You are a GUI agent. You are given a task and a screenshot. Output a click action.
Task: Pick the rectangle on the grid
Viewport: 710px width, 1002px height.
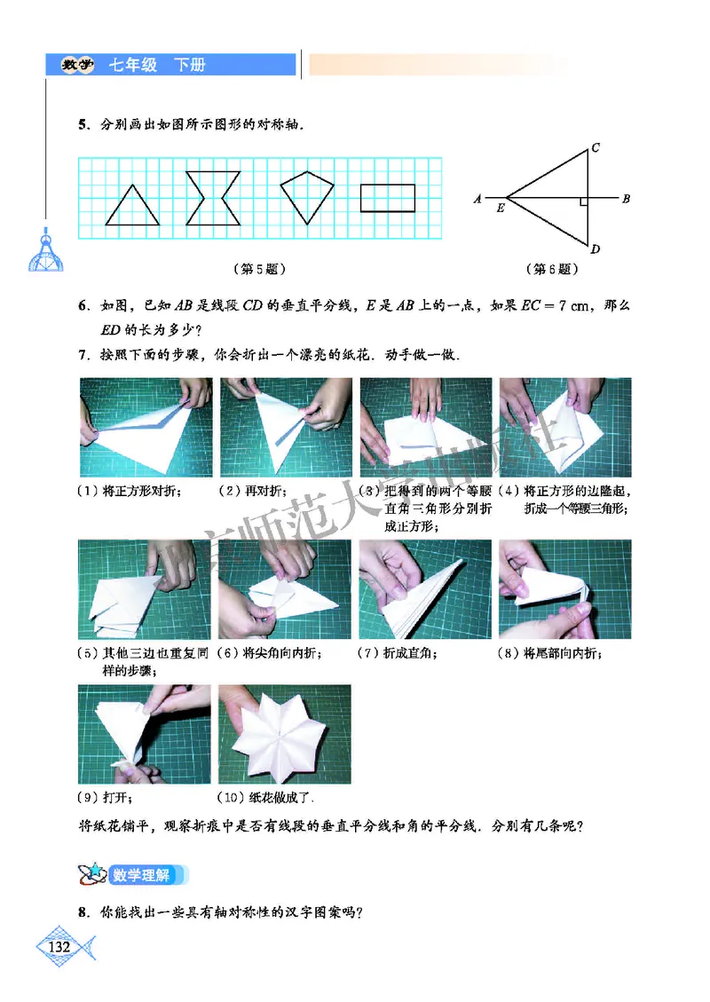388,197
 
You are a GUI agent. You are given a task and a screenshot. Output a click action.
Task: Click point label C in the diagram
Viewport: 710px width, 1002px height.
596,147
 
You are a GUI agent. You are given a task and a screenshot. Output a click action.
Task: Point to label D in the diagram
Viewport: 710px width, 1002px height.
596,249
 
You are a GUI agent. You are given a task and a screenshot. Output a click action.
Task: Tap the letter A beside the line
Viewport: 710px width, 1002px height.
477,199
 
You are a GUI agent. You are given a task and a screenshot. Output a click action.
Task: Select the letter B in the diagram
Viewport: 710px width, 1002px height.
626,199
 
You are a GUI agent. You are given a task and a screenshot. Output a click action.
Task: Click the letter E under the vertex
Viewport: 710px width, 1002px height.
501,209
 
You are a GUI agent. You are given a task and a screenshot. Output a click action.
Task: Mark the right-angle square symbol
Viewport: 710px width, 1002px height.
583,202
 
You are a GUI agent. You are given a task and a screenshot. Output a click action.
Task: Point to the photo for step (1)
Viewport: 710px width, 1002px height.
146,428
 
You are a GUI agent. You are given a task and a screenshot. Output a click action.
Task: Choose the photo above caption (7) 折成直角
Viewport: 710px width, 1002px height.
424,589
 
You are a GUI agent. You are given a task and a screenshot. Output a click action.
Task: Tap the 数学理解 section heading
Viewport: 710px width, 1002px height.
141,874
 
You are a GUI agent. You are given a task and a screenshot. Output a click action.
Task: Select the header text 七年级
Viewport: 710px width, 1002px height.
133,65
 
